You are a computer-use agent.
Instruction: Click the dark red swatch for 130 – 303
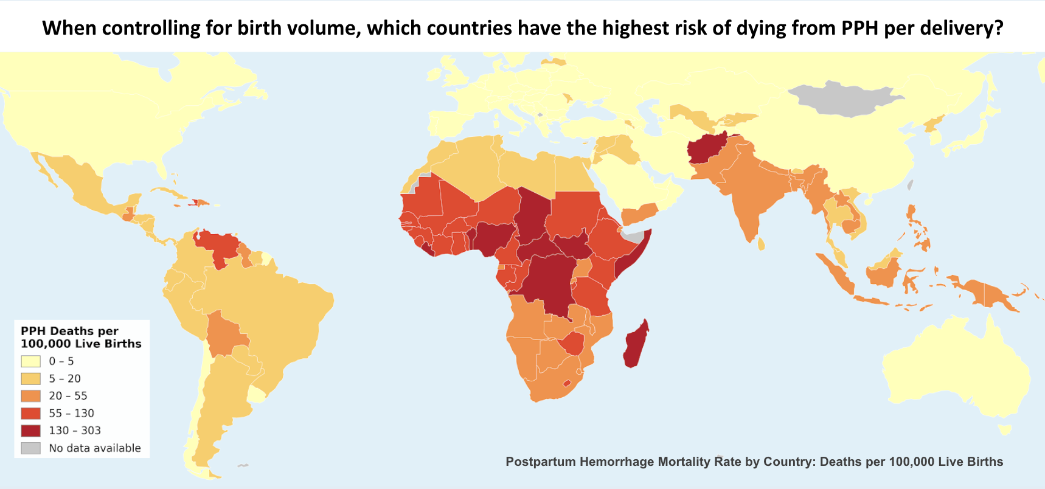pyautogui.click(x=30, y=431)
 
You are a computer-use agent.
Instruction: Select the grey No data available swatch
pyautogui.click(x=30, y=448)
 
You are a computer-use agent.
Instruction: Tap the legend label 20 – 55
pyautogui.click(x=68, y=396)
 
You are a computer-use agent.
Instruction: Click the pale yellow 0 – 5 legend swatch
pyautogui.click(x=30, y=361)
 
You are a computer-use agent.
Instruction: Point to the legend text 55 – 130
pyautogui.click(x=71, y=414)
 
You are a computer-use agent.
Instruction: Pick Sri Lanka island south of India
pyautogui.click(x=762, y=244)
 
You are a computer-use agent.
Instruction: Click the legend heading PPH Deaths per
pyautogui.click(x=69, y=331)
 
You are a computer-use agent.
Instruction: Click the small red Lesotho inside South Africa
pyautogui.click(x=567, y=383)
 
